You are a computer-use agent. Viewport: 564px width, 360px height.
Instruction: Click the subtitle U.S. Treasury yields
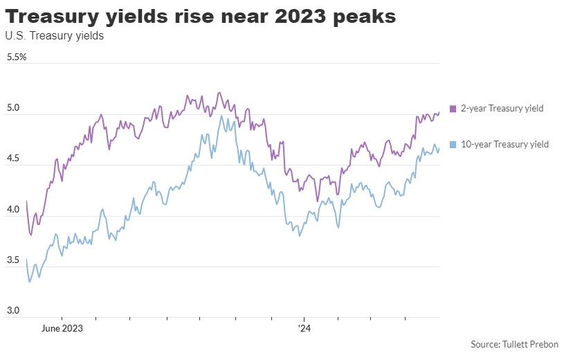[x=54, y=36]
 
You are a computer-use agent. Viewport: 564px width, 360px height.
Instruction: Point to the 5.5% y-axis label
[x=17, y=57]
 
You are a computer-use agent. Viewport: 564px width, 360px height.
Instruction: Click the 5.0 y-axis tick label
[x=13, y=107]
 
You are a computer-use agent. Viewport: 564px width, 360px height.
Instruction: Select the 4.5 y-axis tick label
[x=13, y=159]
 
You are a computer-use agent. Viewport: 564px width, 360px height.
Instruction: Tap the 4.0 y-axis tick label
[x=13, y=209]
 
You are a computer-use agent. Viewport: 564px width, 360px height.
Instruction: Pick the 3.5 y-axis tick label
[x=13, y=260]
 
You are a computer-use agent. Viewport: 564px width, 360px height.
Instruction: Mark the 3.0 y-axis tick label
[x=13, y=310]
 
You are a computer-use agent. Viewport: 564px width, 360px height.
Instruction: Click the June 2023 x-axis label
[x=62, y=328]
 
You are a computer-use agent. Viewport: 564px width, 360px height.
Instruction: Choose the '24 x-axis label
[x=304, y=328]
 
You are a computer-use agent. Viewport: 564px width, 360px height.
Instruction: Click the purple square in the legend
[x=453, y=109]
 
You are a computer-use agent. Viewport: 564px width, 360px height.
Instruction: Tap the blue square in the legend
[x=453, y=145]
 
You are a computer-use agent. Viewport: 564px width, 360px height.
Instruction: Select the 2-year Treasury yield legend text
[x=502, y=109]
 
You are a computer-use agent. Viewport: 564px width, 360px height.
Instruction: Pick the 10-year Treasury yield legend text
[x=504, y=145]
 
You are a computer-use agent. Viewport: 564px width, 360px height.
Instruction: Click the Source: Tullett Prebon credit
[x=514, y=344]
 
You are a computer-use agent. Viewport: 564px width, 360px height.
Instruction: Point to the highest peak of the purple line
[x=219, y=93]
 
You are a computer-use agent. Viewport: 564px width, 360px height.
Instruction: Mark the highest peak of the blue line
[x=221, y=116]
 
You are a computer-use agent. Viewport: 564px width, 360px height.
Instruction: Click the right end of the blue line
[x=439, y=147]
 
